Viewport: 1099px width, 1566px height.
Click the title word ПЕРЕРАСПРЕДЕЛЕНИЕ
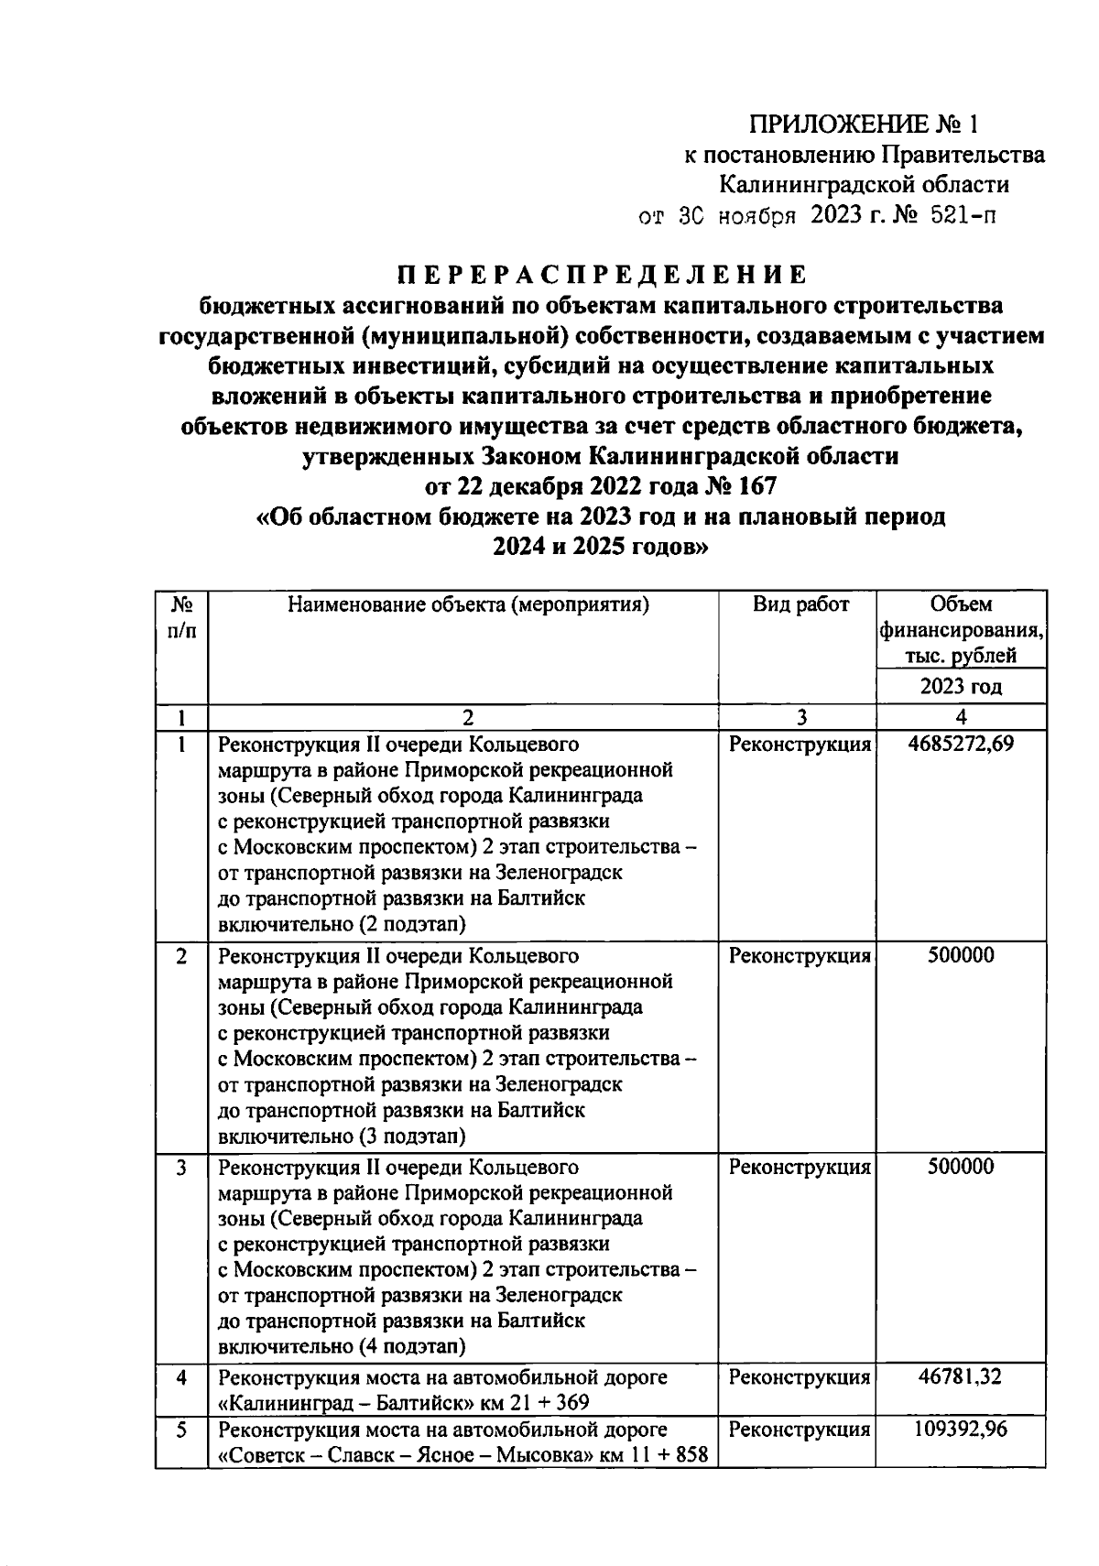tap(602, 275)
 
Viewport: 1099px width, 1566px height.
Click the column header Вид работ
tap(800, 604)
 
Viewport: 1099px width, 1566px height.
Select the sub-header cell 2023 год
tap(960, 687)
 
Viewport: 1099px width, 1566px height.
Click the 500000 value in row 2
tap(960, 955)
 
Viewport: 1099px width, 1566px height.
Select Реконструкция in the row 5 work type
tap(800, 1429)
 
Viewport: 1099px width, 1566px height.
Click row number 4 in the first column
tap(181, 1376)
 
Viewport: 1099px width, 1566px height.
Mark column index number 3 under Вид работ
tap(800, 717)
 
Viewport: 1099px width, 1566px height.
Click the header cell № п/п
tap(181, 618)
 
